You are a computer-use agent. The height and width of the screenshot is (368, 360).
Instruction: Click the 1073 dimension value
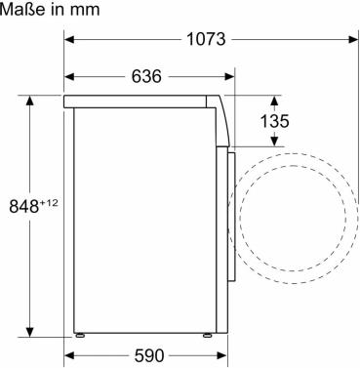click(x=206, y=39)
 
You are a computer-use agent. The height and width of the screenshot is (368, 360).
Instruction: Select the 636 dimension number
click(x=146, y=76)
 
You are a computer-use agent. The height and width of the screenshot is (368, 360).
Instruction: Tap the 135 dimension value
click(x=274, y=121)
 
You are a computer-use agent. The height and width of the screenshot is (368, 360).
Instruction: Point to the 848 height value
click(x=24, y=206)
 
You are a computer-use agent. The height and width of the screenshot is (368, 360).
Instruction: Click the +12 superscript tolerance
click(x=49, y=203)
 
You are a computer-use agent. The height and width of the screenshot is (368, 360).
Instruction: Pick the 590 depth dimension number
click(x=149, y=355)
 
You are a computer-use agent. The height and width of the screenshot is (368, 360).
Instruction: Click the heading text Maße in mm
click(x=50, y=10)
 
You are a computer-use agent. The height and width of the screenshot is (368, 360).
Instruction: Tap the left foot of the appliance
click(x=80, y=335)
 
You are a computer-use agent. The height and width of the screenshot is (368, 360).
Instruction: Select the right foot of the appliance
click(x=208, y=335)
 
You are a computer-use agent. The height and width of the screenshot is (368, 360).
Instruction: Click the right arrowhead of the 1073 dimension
click(x=353, y=40)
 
